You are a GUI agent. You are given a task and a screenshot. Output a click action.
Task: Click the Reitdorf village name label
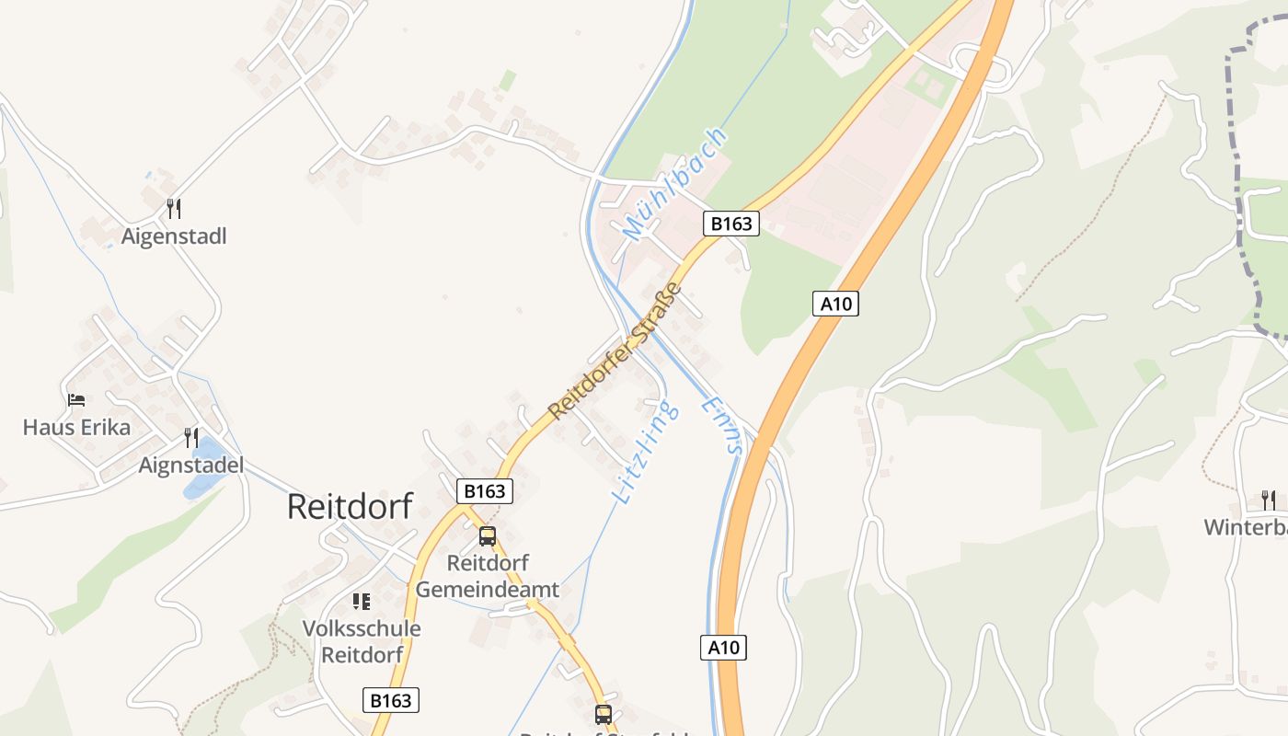[x=350, y=507]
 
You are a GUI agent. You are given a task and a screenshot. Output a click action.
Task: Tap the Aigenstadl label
[x=174, y=236]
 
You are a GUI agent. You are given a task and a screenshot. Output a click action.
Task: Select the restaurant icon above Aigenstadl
[x=174, y=209]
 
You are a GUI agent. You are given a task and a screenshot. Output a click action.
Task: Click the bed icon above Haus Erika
[x=76, y=400]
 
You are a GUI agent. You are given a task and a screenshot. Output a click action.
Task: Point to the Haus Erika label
[x=76, y=428]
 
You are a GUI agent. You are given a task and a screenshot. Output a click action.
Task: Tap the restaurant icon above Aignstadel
[x=191, y=437]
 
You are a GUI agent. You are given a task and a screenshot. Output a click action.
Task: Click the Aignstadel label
[x=191, y=466]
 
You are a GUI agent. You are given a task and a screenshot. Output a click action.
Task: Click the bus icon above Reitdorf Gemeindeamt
[x=488, y=535]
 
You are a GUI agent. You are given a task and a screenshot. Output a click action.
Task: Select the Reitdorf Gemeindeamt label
[x=488, y=576]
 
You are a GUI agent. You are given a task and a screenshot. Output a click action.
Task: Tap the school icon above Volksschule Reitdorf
[x=362, y=602]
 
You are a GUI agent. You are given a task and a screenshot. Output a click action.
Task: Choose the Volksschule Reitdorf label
[x=362, y=642]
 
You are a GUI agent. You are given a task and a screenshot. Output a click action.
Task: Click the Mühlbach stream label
[x=675, y=184]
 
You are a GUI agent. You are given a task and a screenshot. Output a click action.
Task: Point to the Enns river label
[x=721, y=425]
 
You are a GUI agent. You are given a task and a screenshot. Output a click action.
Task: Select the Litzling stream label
[x=646, y=452]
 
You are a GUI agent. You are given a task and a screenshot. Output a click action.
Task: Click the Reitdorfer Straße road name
[x=615, y=351]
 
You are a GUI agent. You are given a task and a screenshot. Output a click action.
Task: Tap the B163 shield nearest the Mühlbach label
[x=731, y=224]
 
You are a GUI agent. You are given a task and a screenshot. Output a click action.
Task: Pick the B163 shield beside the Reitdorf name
[x=485, y=491]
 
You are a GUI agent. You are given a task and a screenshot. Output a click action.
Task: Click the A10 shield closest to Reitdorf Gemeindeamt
[x=723, y=648]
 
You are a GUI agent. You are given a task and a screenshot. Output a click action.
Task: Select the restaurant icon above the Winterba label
[x=1269, y=500]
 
